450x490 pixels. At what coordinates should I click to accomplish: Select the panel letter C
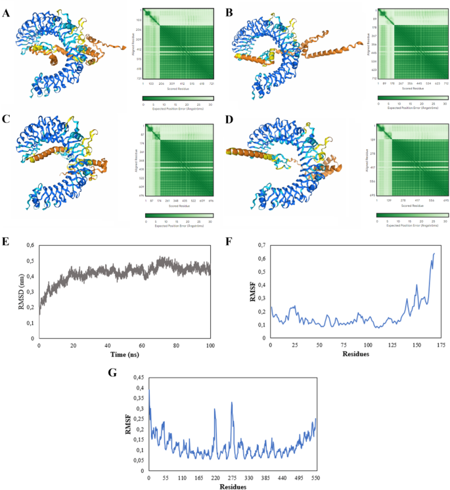click(x=7, y=119)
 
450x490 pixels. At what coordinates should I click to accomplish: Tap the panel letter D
click(x=229, y=119)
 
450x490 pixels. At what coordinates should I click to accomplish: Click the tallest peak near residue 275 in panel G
click(x=232, y=403)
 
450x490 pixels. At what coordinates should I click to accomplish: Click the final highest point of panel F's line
click(x=434, y=254)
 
